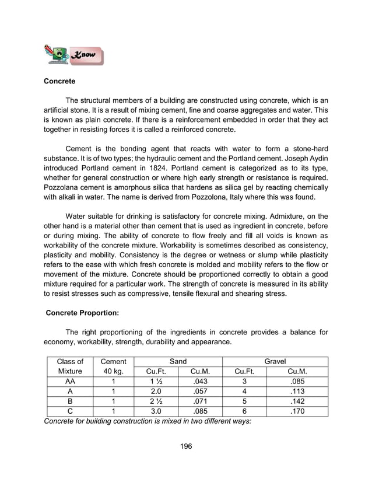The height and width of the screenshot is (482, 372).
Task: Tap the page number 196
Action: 185,446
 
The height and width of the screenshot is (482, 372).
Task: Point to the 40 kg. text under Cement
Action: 114,371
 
